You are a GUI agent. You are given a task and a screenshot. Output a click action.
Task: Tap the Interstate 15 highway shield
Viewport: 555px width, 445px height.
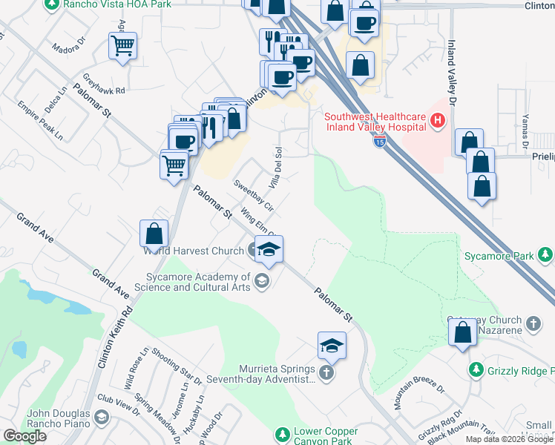[380, 140]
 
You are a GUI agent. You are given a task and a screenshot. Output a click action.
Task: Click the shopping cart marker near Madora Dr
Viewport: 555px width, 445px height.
[123, 46]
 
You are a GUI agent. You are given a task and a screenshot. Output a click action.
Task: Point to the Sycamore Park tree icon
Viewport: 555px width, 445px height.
[545, 256]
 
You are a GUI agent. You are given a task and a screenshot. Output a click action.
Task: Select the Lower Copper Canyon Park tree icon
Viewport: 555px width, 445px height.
[281, 434]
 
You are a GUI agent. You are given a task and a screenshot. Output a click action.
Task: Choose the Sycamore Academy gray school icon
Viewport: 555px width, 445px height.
[260, 280]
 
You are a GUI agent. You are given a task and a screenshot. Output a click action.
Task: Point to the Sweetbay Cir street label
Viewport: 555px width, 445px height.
[254, 194]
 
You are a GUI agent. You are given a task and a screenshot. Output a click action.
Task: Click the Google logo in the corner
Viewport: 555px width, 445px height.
[24, 436]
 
